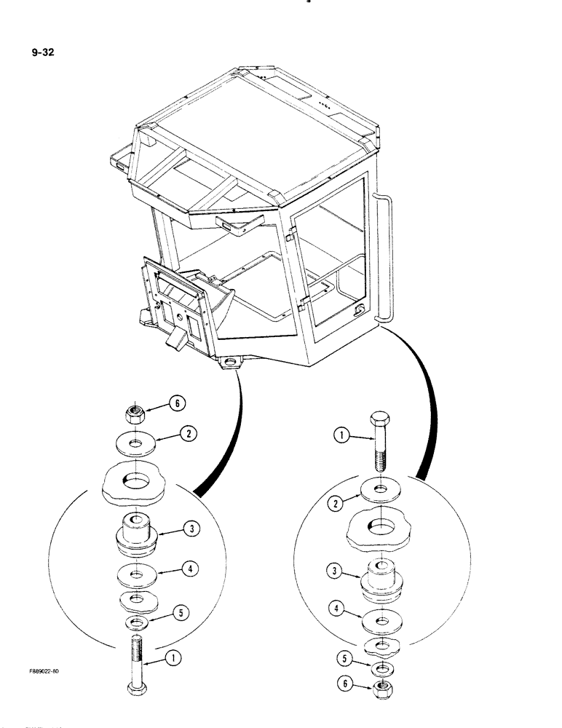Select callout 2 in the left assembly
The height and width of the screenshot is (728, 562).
tap(188, 435)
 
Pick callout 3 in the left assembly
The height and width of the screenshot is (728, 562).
tap(191, 530)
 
